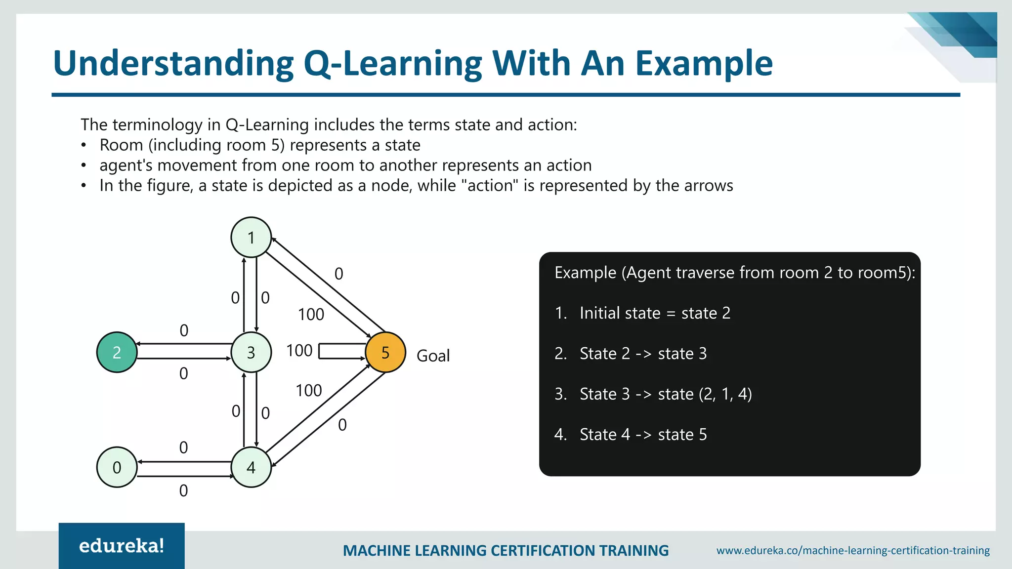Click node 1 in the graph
(251, 238)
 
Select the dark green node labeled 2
(117, 352)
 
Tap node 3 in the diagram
(251, 352)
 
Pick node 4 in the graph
(251, 467)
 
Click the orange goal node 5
(385, 352)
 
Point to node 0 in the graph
(117, 467)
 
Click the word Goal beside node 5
(433, 356)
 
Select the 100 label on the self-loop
(299, 351)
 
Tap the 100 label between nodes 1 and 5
(311, 315)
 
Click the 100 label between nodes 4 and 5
(309, 391)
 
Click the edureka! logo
(122, 546)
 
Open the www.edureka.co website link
(853, 550)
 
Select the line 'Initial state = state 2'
(654, 313)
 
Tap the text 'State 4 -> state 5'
(643, 435)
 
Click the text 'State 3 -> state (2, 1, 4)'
(665, 394)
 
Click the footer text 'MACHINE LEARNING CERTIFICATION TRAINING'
(506, 550)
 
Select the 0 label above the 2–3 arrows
(184, 330)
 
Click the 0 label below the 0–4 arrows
(183, 490)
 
